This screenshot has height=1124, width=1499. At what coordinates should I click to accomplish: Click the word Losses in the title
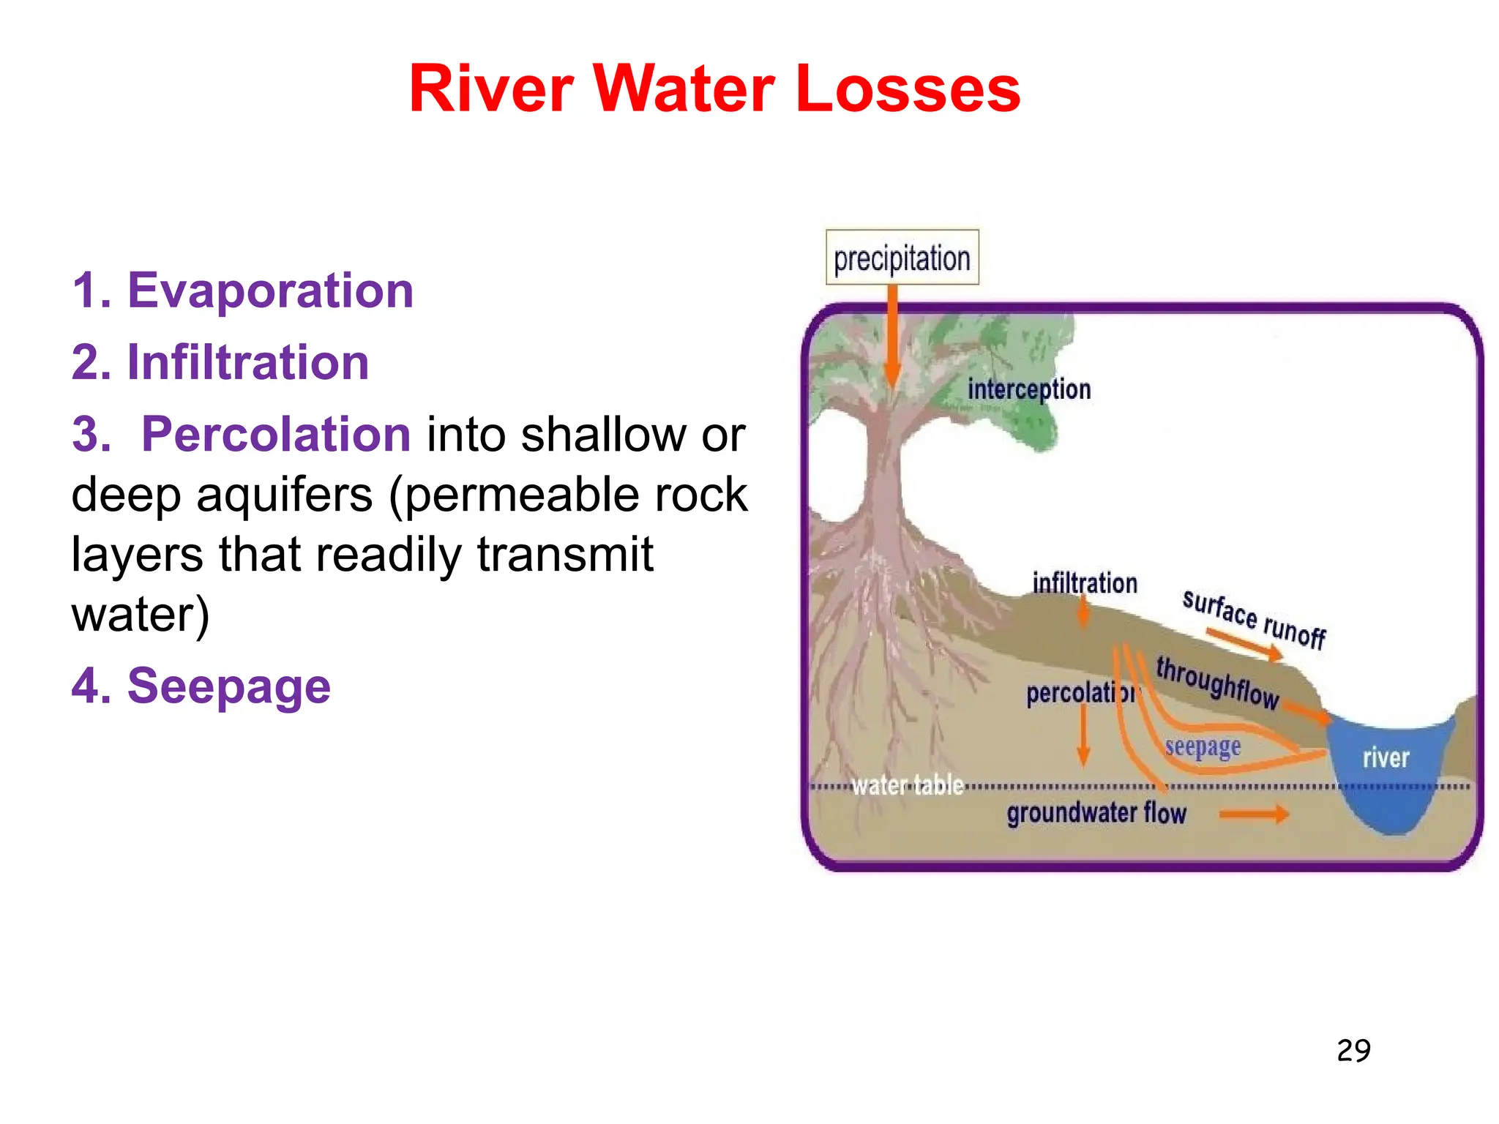point(907,89)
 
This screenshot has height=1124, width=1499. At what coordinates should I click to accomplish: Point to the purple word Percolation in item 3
point(276,434)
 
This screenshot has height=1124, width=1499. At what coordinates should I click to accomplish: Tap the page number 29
point(1353,1051)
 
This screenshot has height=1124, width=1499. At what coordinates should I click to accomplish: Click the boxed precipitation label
point(902,258)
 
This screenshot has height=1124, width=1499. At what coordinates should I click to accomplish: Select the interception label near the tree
point(1028,389)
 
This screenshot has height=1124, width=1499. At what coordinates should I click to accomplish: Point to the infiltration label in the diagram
point(1084,583)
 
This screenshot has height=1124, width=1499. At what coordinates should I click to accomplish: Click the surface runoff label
point(1253,619)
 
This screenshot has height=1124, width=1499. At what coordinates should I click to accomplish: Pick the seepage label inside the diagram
point(1202,747)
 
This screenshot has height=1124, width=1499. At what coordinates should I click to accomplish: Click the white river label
point(1385,758)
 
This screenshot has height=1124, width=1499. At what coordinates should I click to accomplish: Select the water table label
point(907,785)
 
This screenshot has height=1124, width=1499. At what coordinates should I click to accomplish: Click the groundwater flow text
point(1096,814)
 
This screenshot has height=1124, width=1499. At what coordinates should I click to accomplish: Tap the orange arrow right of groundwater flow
point(1253,814)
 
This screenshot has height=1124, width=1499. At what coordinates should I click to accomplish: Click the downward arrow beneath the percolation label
point(1083,735)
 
